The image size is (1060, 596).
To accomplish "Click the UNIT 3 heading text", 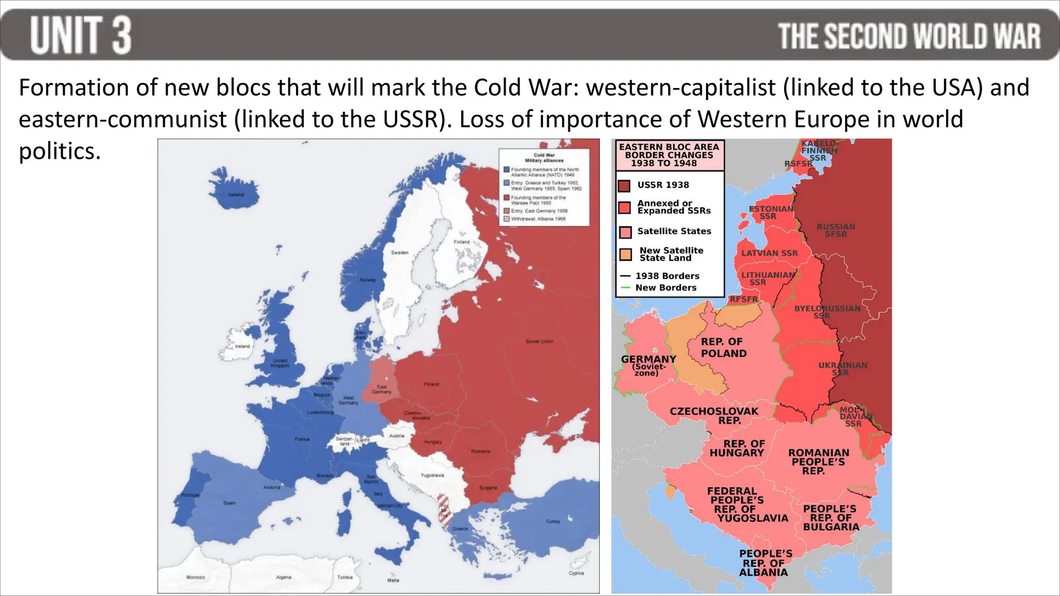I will pyautogui.click(x=81, y=35).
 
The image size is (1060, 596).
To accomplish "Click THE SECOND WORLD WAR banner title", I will pyautogui.click(x=909, y=37).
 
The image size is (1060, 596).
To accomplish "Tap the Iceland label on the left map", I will pyautogui.click(x=236, y=195).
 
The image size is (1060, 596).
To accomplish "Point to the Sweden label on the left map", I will pyautogui.click(x=400, y=252).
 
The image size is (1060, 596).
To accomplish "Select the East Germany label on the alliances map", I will pyautogui.click(x=381, y=389).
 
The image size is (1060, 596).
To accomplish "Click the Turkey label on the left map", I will pyautogui.click(x=553, y=521).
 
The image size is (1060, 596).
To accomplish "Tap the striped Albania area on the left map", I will pyautogui.click(x=444, y=510).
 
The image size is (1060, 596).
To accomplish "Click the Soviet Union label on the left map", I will pyautogui.click(x=539, y=341).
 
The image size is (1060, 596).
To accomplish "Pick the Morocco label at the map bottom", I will pyautogui.click(x=196, y=577).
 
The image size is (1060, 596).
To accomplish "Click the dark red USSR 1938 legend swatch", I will pyautogui.click(x=624, y=186).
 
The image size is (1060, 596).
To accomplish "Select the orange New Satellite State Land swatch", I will pyautogui.click(x=626, y=255).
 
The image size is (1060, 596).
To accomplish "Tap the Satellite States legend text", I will pyautogui.click(x=674, y=231).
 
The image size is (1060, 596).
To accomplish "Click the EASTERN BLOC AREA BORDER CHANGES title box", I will pyautogui.click(x=669, y=155).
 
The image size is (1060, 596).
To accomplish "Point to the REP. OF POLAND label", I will pyautogui.click(x=723, y=348).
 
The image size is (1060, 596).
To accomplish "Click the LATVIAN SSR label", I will pyautogui.click(x=769, y=253).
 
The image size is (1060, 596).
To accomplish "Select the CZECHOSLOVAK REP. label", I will pyautogui.click(x=714, y=415).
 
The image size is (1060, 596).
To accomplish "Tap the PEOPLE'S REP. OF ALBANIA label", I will pyautogui.click(x=764, y=563).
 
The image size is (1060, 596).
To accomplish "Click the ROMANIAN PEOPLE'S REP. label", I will pyautogui.click(x=818, y=461).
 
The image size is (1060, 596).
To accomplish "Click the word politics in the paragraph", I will pyautogui.click(x=60, y=152).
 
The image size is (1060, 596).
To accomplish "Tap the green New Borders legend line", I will pyautogui.click(x=625, y=288).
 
